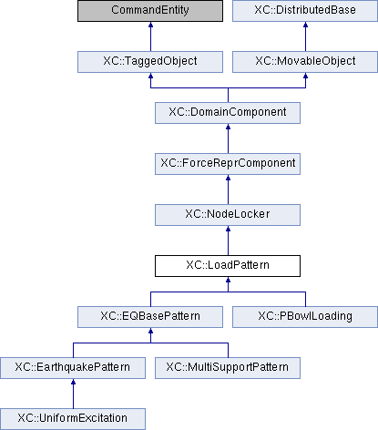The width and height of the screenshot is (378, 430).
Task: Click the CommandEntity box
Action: (x=150, y=11)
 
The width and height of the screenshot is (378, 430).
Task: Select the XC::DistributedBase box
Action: (x=305, y=11)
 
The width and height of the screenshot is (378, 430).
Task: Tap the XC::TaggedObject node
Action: (x=150, y=62)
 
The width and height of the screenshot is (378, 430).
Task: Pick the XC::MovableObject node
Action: (x=305, y=62)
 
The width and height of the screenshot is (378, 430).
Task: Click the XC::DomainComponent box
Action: (x=228, y=113)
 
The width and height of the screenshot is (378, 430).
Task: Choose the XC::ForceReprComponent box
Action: (x=228, y=164)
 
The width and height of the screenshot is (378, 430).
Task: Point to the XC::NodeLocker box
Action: (x=228, y=215)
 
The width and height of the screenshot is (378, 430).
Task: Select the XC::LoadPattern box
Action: (x=228, y=266)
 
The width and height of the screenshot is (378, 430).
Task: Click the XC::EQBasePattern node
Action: (x=150, y=317)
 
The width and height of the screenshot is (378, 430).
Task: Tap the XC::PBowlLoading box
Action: (x=305, y=317)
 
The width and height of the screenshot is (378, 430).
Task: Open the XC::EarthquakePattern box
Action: (x=73, y=368)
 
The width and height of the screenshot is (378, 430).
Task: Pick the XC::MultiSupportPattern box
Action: (x=228, y=368)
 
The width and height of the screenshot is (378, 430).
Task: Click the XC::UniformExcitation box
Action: (x=73, y=419)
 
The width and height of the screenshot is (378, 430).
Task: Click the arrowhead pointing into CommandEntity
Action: (x=150, y=25)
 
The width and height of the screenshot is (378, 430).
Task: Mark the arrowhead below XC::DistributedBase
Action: (x=305, y=25)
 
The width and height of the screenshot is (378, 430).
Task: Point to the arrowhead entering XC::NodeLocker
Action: (x=228, y=229)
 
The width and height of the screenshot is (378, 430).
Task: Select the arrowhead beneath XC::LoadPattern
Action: (x=228, y=280)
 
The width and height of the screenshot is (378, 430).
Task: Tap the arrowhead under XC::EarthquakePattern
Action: (x=73, y=382)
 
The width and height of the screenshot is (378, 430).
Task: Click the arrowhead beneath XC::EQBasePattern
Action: (x=150, y=331)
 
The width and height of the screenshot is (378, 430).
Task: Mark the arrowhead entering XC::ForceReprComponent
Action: (x=228, y=178)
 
